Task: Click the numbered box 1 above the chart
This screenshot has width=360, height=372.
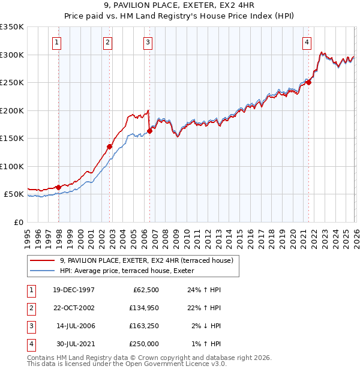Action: pos(56,42)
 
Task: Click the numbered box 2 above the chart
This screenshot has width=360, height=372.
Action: pos(107,42)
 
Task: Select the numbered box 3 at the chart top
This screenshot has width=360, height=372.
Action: pos(147,42)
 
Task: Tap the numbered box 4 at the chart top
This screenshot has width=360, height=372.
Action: pos(307,42)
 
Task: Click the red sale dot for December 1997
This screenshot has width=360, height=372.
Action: pos(59,187)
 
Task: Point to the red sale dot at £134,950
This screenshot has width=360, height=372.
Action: pos(110,146)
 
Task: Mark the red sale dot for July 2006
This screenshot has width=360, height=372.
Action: pos(149,131)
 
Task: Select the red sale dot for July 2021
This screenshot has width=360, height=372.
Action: pos(309,83)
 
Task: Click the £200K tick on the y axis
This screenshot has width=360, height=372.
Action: pos(12,110)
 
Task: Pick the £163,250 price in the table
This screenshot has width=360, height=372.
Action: pos(144,326)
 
